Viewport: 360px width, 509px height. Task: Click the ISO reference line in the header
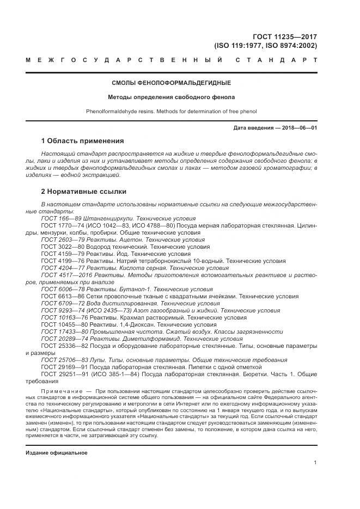pos(265,46)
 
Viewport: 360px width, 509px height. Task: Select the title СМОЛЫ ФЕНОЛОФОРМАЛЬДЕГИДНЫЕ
pos(171,83)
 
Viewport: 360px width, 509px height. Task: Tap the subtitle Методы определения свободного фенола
pos(171,97)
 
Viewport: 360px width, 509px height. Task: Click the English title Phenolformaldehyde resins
pos(171,112)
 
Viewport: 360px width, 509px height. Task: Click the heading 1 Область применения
pos(83,140)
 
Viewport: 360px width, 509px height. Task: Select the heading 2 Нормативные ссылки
pos(84,192)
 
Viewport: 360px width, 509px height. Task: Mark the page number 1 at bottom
pos(315,462)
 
